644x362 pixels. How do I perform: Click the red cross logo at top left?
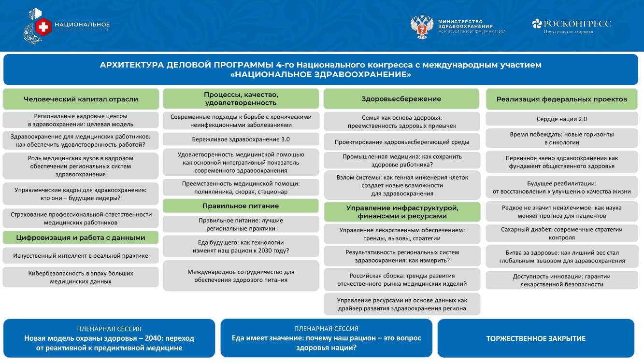click(x=43, y=27)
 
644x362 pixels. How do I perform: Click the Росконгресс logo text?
click(x=577, y=24)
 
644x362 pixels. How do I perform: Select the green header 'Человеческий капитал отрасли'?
click(x=81, y=99)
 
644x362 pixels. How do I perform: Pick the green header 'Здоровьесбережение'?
click(x=401, y=99)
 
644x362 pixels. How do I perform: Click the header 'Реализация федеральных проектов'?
click(x=562, y=99)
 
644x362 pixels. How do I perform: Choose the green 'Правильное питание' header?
click(x=241, y=206)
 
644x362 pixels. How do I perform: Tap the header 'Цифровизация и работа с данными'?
click(x=81, y=237)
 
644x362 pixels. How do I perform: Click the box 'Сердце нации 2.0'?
click(x=562, y=119)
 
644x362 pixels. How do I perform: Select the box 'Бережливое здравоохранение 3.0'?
click(x=241, y=139)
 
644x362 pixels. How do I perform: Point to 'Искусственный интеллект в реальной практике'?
click(x=81, y=256)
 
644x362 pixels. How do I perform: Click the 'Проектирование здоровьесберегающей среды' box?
click(x=402, y=142)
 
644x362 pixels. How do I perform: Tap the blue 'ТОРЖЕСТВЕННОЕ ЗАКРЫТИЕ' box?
click(x=536, y=338)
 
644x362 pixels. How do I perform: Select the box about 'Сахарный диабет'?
click(x=562, y=234)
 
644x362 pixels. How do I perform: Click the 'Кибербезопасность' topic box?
click(x=81, y=278)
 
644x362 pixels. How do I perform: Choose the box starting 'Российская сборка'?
click(x=402, y=280)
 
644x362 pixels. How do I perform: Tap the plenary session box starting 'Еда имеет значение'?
click(x=326, y=338)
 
